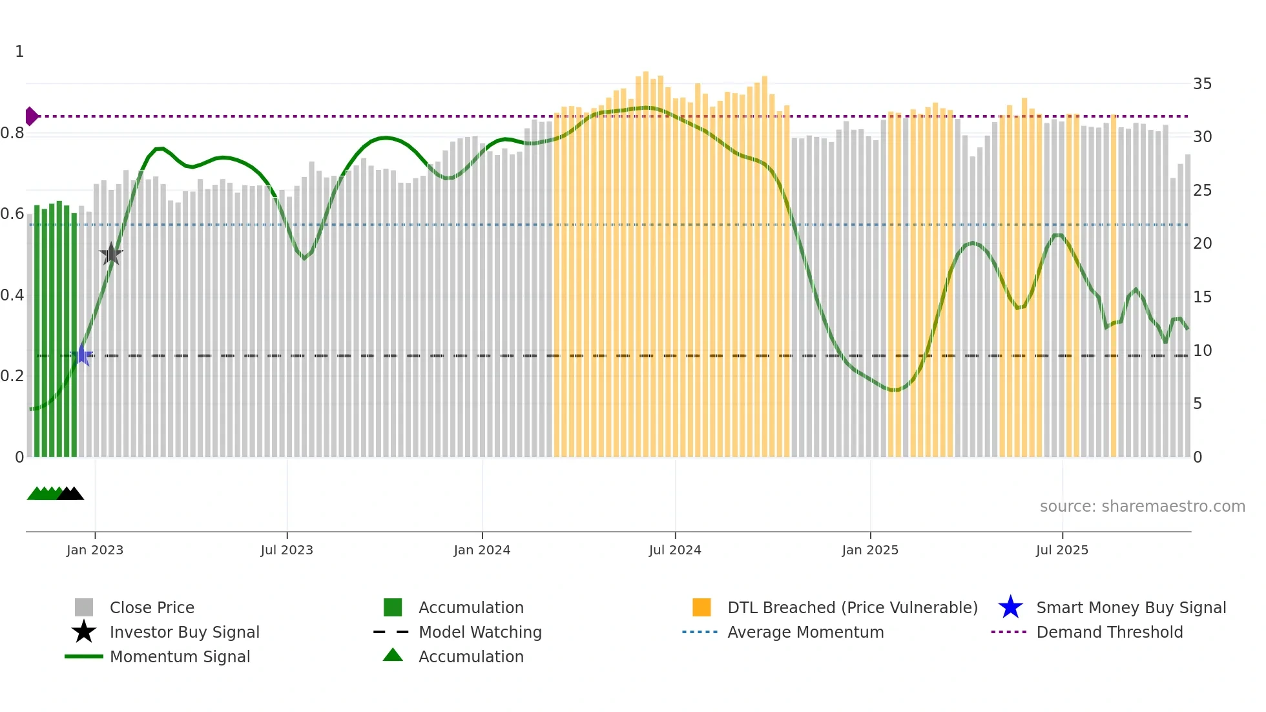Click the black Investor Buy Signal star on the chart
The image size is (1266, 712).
[111, 254]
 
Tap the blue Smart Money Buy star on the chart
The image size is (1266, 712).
[82, 355]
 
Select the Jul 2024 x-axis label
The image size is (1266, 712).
[675, 550]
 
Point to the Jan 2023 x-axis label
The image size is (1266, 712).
[95, 550]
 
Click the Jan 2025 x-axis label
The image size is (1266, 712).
[870, 550]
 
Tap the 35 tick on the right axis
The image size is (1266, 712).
[1202, 84]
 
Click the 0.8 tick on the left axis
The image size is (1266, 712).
[13, 133]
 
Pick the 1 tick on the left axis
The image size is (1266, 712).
[19, 52]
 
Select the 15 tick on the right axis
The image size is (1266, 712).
[1202, 297]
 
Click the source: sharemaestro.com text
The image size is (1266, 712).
[1142, 506]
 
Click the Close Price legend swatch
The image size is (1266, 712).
[84, 607]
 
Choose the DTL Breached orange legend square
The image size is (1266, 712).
[701, 607]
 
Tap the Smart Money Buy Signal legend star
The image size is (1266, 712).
[1010, 607]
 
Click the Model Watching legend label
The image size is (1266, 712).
[480, 632]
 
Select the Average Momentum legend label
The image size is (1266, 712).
[805, 632]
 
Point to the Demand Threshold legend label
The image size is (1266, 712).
[1109, 632]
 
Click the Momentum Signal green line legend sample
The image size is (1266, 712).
[84, 656]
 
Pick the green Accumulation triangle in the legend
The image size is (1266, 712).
[393, 655]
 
